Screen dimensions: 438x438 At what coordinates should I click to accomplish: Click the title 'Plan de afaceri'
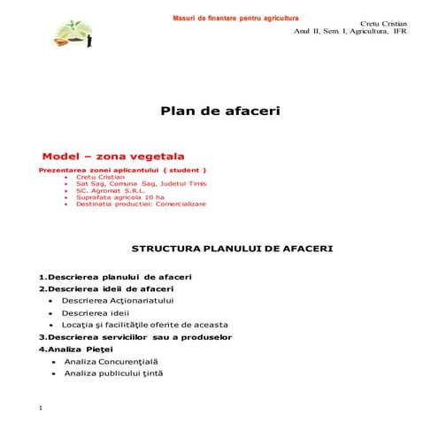pyautogui.click(x=219, y=111)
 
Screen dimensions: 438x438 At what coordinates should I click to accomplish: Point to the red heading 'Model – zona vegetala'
pyautogui.click(x=119, y=156)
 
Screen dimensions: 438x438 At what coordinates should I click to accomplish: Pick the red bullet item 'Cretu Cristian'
pyautogui.click(x=102, y=176)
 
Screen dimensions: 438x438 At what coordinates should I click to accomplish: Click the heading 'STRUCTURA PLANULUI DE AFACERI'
pyautogui.click(x=232, y=249)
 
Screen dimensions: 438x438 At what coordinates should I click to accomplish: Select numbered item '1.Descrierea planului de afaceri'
pyautogui.click(x=115, y=277)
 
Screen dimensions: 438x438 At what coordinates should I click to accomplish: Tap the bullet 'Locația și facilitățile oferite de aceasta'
pyautogui.click(x=144, y=325)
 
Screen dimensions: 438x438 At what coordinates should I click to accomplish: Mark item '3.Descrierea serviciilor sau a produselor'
pyautogui.click(x=134, y=337)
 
